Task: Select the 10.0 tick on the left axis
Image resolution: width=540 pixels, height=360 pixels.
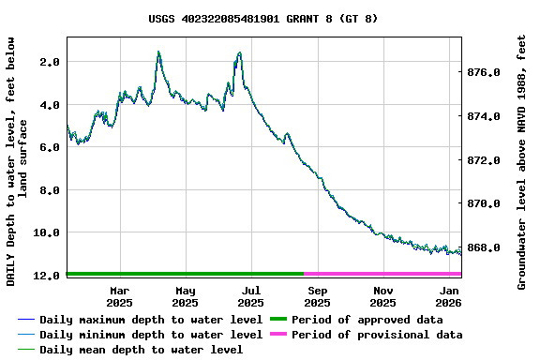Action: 46,232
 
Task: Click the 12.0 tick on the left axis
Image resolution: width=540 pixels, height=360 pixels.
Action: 46,276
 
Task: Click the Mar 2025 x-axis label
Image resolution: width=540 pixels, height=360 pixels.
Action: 119,296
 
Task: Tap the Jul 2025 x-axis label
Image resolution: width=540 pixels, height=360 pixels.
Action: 250,296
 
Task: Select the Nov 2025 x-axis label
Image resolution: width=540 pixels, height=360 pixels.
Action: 382,296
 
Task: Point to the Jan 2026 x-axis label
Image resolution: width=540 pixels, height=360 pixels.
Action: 448,296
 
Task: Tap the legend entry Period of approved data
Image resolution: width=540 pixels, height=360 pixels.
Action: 367,320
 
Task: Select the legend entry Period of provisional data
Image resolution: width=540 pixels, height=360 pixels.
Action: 376,335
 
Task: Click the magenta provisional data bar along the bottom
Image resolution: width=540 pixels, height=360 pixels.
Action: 382,274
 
